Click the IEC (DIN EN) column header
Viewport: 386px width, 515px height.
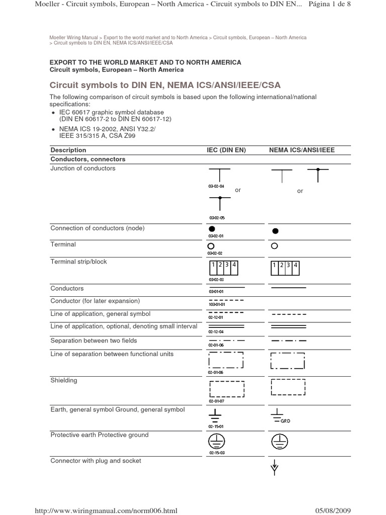click(226, 150)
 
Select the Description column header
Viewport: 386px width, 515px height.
click(68, 150)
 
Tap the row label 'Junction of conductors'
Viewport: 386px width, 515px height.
click(83, 168)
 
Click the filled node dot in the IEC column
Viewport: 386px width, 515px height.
click(212, 229)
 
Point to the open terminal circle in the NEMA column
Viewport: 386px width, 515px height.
click(274, 246)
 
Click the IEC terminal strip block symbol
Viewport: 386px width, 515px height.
click(223, 268)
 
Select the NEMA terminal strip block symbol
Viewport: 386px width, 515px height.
click(285, 268)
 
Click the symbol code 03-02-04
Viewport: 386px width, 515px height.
click(216, 186)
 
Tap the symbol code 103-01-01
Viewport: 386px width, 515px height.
click(217, 304)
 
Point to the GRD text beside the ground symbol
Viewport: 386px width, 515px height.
click(285, 421)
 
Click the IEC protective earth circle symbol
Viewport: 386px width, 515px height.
click(216, 442)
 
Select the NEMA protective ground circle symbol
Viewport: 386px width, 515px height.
click(279, 442)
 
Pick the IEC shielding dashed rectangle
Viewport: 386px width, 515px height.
click(226, 389)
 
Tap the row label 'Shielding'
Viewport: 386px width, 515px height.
click(64, 381)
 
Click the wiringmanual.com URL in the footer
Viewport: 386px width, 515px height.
click(105, 510)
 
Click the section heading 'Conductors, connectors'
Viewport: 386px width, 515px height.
click(88, 159)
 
